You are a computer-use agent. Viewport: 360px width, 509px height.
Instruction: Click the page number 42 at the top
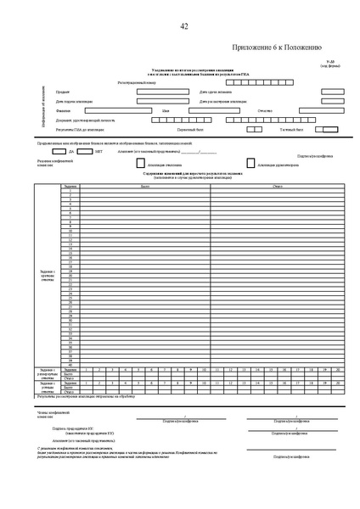coord(184,28)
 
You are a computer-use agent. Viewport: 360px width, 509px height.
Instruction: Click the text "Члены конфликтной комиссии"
coord(47,415)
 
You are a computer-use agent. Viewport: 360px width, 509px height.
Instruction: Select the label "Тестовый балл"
coord(290,130)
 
